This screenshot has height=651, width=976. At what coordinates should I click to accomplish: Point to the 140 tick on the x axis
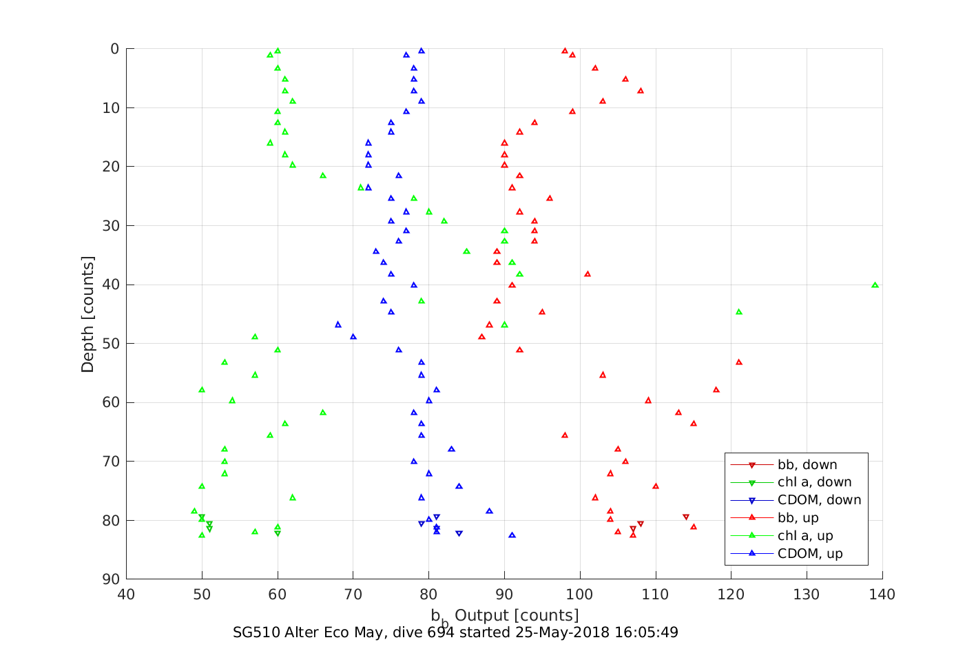[882, 595]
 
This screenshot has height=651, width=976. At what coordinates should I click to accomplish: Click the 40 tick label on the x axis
[126, 595]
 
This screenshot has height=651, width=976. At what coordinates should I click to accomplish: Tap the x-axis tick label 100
[580, 595]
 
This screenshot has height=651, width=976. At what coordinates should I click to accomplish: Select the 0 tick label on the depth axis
[114, 49]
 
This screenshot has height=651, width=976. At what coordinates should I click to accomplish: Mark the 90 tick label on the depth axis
[110, 579]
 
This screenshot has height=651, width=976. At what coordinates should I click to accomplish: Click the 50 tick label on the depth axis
[110, 344]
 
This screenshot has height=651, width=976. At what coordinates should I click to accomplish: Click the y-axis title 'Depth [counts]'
[87, 314]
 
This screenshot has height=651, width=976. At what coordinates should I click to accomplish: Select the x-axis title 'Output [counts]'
[517, 615]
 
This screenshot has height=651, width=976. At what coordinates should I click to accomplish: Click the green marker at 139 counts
[875, 285]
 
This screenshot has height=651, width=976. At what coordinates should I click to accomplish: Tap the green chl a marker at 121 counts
[738, 312]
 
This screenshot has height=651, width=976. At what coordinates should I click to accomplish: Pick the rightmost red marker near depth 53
[738, 362]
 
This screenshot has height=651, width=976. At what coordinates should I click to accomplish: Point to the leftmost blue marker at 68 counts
[338, 324]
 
